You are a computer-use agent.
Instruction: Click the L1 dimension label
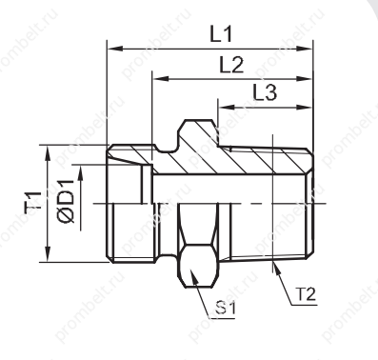click(x=221, y=34)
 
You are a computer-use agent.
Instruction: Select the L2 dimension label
click(x=231, y=66)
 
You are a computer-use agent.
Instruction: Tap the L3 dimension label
click(x=265, y=93)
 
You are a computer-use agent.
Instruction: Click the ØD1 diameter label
click(x=66, y=201)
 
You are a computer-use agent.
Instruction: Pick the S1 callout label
click(x=225, y=309)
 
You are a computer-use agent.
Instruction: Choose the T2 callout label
click(x=307, y=294)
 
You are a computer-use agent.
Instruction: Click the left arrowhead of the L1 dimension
click(x=115, y=49)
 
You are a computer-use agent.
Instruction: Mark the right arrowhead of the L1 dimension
click(x=305, y=49)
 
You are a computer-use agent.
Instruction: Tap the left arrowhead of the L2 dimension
click(x=160, y=79)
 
